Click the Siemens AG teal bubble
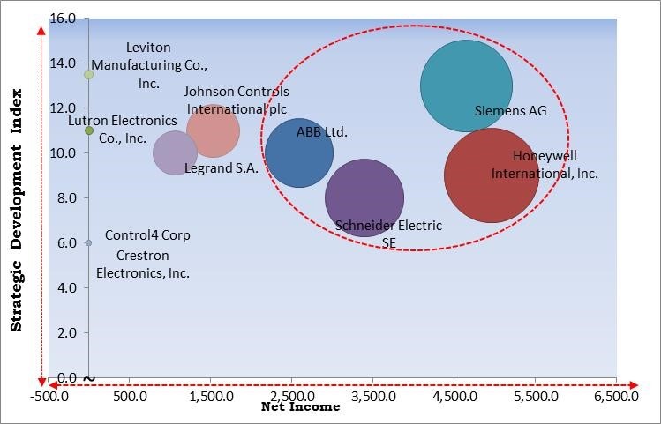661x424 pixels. point(466,86)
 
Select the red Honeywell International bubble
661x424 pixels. point(491,175)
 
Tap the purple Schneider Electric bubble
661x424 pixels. point(364,198)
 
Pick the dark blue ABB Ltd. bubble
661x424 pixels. point(299,152)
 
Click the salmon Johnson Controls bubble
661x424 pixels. point(213,130)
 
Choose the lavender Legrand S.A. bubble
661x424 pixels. point(175,153)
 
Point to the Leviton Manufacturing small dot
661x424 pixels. point(88,75)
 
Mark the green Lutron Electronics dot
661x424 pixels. point(89,130)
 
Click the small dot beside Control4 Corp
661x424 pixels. point(88,242)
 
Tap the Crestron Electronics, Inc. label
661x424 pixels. point(143,264)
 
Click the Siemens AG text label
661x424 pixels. point(510,111)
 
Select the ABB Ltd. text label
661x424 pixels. point(322,132)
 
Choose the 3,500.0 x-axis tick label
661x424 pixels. point(372,398)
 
